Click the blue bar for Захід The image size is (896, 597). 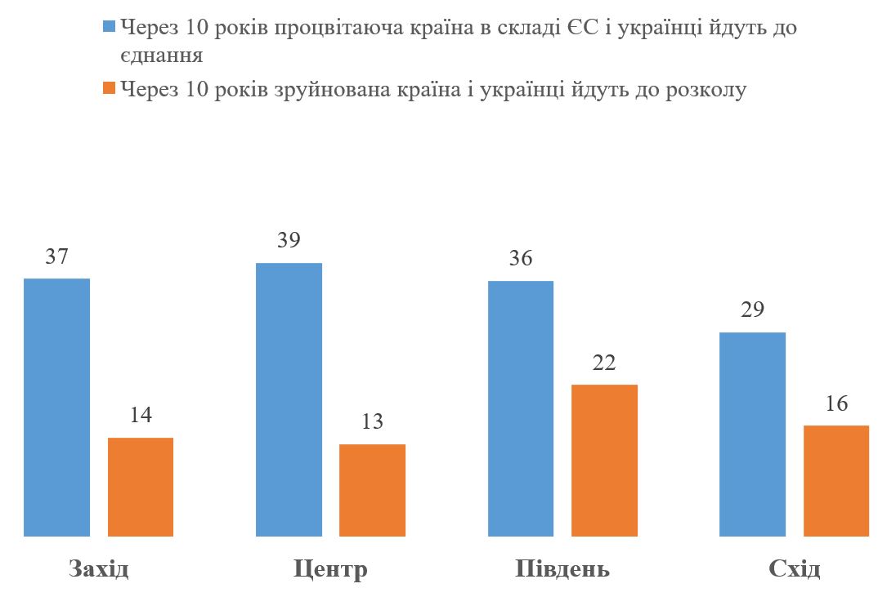(56, 408)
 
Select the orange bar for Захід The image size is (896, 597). (141, 487)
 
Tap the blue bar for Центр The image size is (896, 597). (289, 399)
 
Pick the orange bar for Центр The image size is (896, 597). (372, 490)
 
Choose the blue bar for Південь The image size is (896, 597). (521, 408)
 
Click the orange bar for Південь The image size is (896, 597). (604, 460)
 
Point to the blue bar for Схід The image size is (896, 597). (752, 434)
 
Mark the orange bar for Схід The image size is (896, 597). (836, 481)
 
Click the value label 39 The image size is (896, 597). (289, 241)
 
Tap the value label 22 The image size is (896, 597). (604, 363)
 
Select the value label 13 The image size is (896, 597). (372, 422)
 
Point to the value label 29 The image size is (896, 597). (752, 310)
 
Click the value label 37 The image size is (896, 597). (56, 256)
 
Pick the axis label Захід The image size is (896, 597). (99, 569)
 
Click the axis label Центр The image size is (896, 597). (330, 569)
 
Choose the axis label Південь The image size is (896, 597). (562, 569)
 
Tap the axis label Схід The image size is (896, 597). (794, 569)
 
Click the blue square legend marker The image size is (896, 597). (109, 27)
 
